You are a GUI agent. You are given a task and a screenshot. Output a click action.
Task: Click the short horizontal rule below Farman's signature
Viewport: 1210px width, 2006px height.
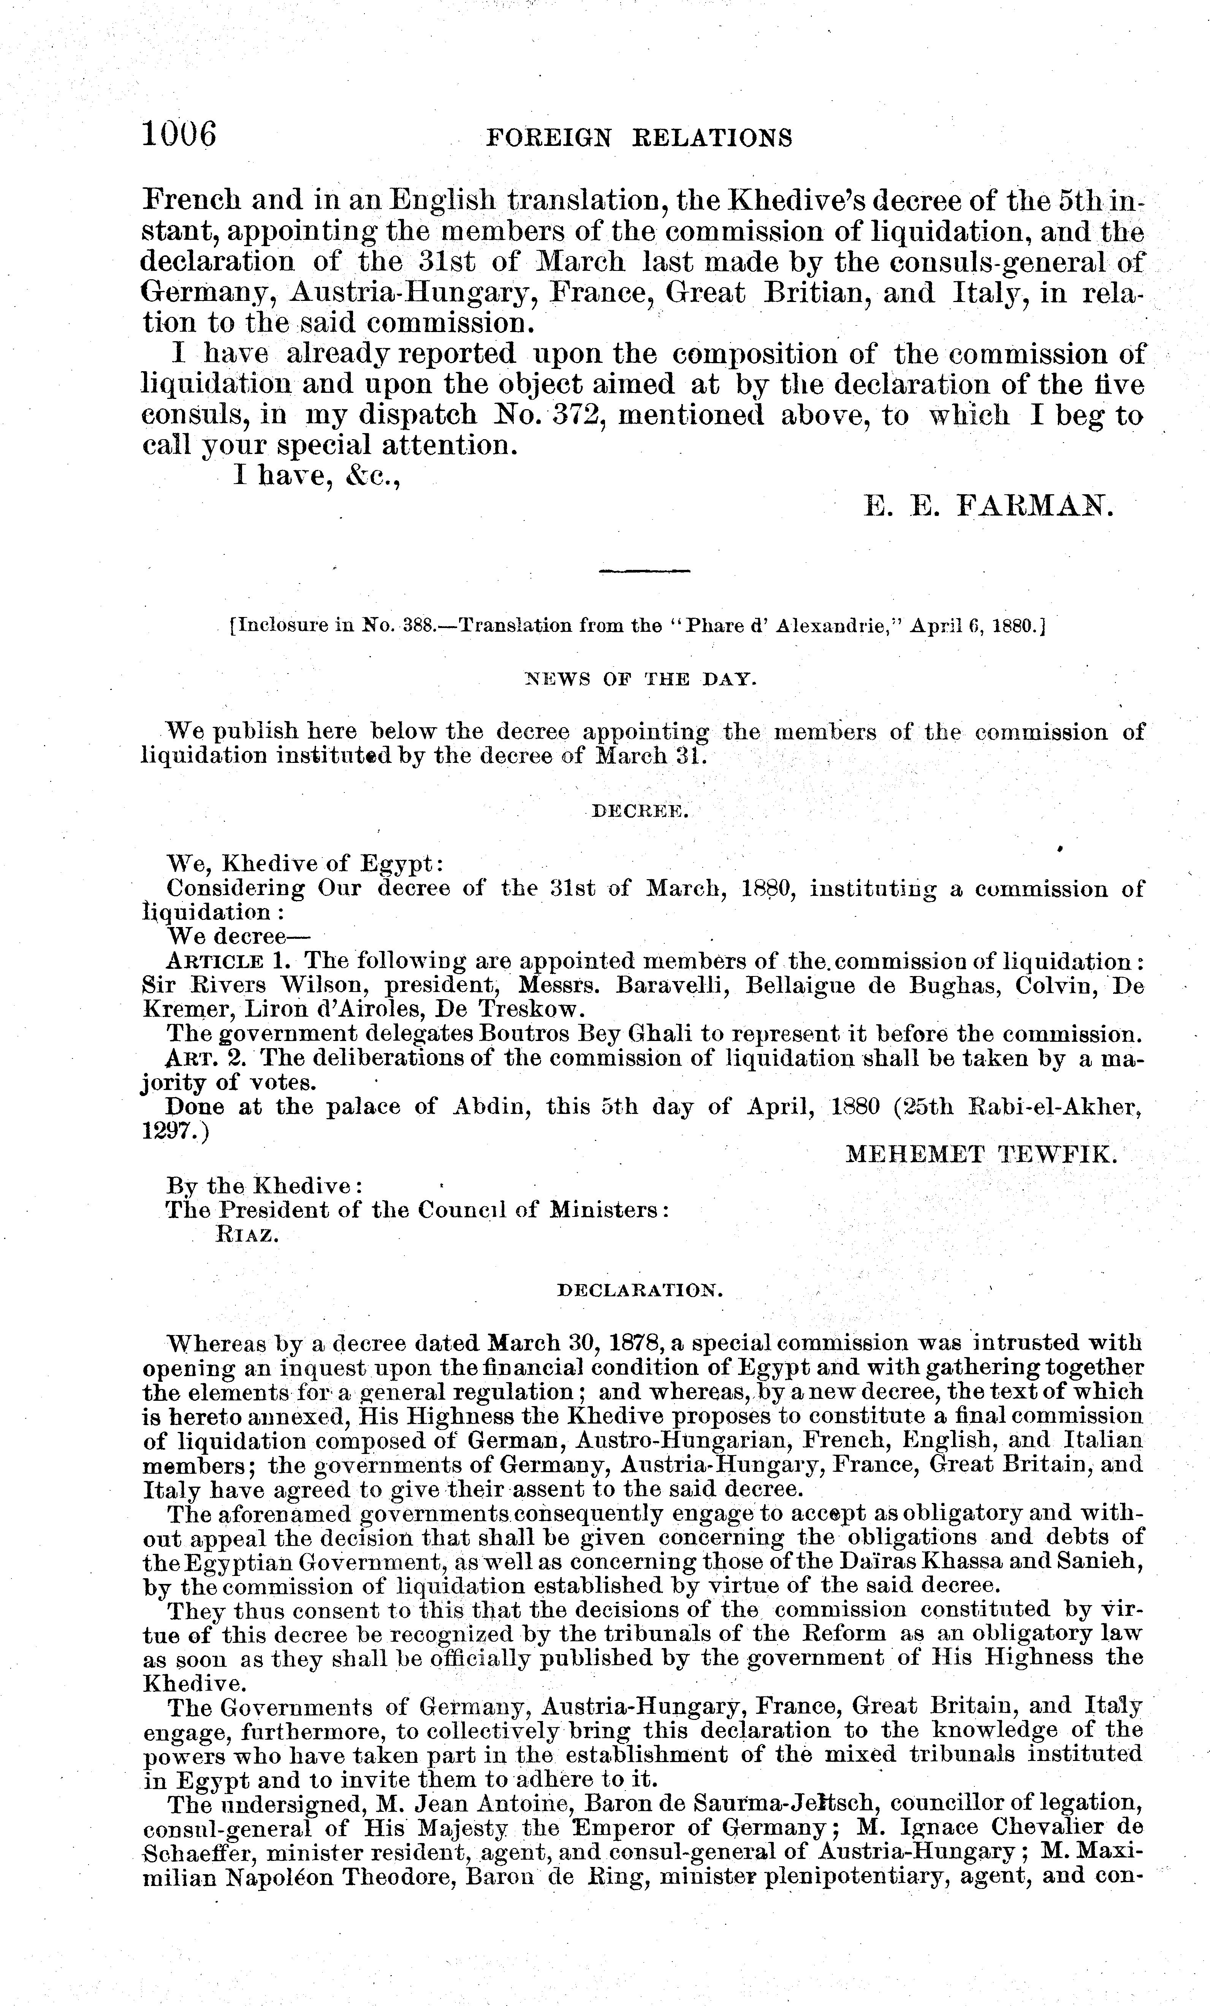pos(643,571)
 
